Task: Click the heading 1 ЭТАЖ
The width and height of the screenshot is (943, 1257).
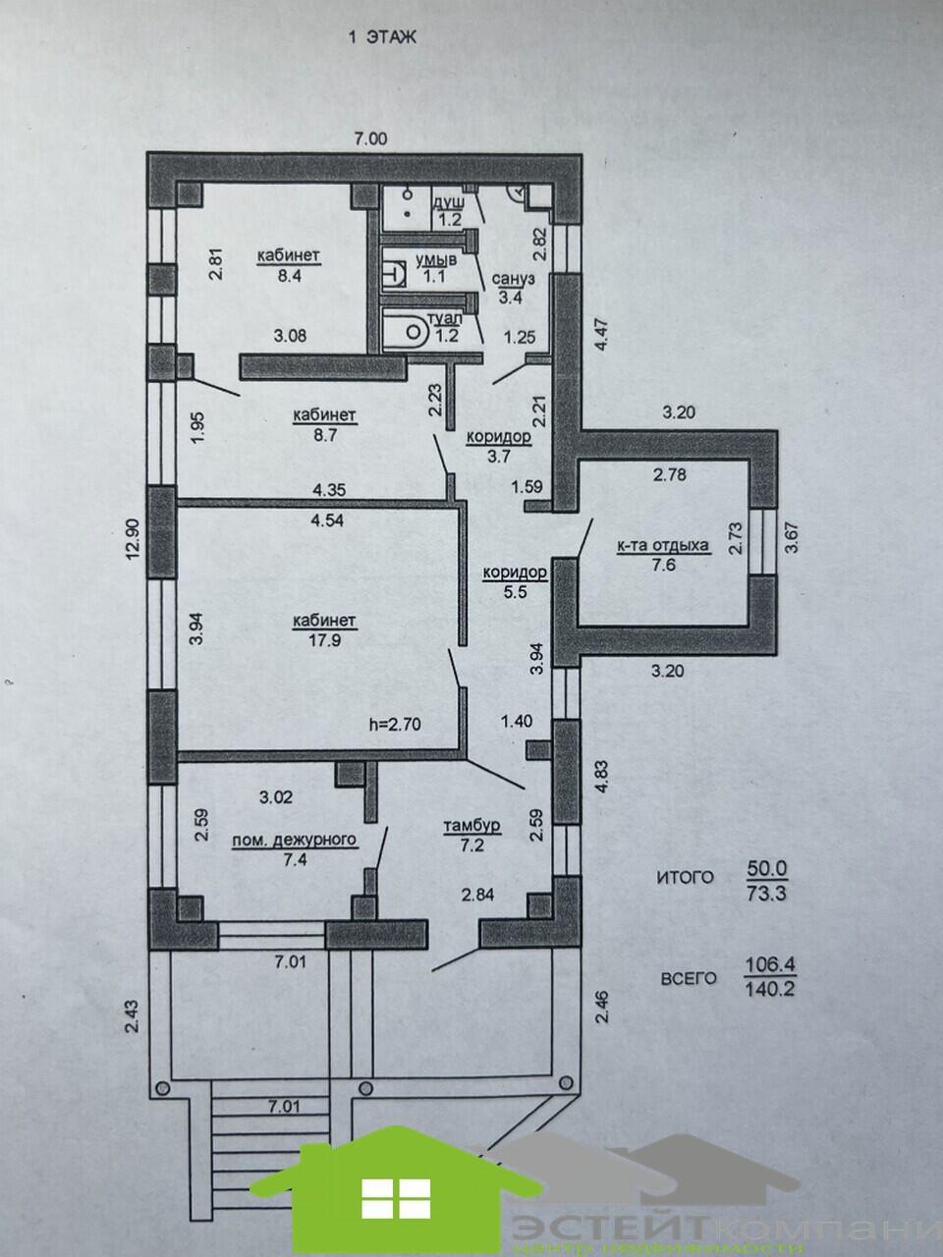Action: (x=382, y=37)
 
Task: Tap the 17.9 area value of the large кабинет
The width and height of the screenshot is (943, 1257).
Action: (x=325, y=640)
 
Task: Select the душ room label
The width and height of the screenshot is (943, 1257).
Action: (x=450, y=201)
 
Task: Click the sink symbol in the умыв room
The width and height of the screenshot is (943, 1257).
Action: (x=396, y=274)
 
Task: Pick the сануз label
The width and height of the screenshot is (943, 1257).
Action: (x=513, y=279)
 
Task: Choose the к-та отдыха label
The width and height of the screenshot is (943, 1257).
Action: (x=663, y=545)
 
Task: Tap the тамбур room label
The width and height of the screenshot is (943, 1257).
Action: (x=471, y=825)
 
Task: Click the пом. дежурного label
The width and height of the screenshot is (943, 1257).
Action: (x=294, y=840)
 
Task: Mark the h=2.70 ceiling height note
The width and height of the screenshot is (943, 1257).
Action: (x=396, y=724)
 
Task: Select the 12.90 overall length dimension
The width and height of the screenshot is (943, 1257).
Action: (x=133, y=554)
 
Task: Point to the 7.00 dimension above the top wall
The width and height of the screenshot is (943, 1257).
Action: (x=370, y=138)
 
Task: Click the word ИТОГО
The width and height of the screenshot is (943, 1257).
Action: (x=686, y=877)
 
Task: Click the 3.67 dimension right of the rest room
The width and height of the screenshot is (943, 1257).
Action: (x=792, y=539)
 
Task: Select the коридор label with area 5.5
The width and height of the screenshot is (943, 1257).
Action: (x=515, y=573)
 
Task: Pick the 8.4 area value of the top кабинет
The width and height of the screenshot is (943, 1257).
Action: (x=288, y=275)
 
